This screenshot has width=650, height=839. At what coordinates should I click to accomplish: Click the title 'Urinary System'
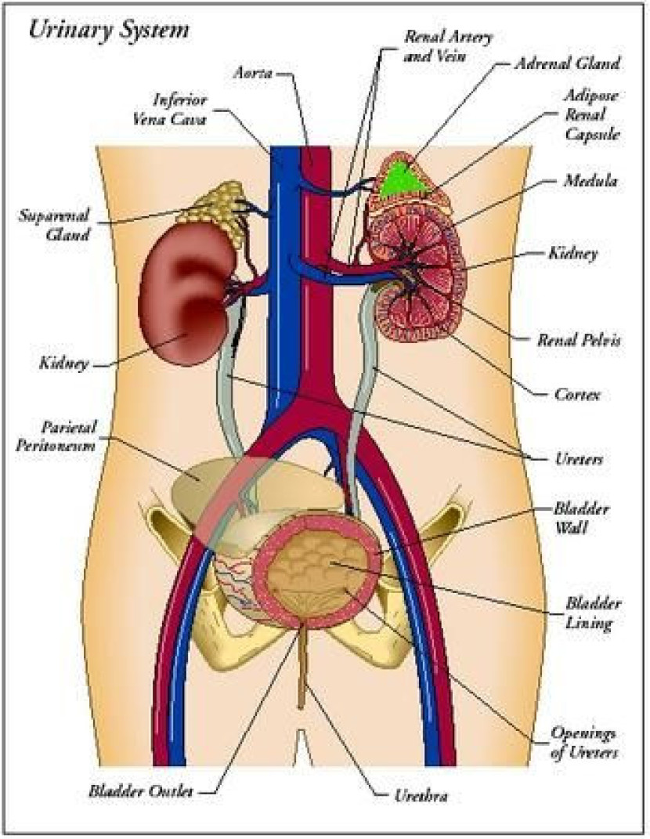pos(108,31)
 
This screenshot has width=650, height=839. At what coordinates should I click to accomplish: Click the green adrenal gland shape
pos(404,179)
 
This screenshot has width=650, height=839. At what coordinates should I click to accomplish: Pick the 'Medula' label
pos(592,181)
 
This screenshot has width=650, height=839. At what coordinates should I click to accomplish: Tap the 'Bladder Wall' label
pos(592,518)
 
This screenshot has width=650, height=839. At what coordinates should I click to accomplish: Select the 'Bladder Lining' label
pos(594,614)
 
